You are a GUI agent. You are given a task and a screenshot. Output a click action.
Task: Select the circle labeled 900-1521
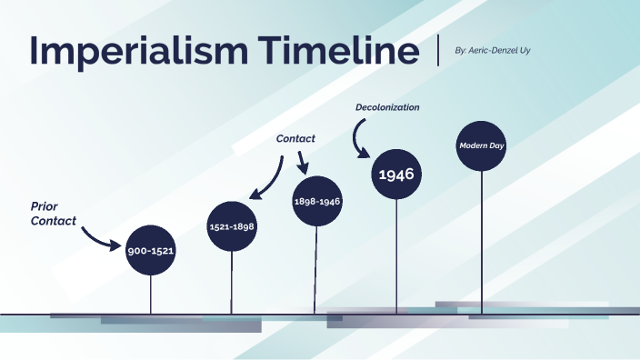tap(151, 248)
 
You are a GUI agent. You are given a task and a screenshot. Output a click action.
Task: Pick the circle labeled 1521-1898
tap(231, 225)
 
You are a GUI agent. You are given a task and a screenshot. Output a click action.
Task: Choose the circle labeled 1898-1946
tap(317, 201)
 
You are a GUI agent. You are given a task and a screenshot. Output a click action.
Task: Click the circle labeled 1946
tap(396, 173)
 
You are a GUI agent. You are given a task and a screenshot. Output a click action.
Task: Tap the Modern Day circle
tap(481, 145)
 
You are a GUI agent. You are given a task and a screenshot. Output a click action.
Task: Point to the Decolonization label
tap(387, 107)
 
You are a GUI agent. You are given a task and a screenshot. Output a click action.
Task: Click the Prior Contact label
tap(53, 214)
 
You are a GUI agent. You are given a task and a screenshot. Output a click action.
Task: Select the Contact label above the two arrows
tap(295, 139)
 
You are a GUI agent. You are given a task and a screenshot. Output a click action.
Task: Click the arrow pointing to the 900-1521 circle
tap(100, 237)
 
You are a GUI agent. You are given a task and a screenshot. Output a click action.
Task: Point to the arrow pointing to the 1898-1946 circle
tap(303, 163)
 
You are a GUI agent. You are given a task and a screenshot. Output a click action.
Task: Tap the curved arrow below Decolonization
tap(360, 137)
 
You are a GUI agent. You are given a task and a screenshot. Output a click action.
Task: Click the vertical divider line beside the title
tap(439, 51)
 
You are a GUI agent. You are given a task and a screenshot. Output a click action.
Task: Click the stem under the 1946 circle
tap(396, 255)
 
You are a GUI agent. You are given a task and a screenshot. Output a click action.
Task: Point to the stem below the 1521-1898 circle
tap(231, 282)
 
